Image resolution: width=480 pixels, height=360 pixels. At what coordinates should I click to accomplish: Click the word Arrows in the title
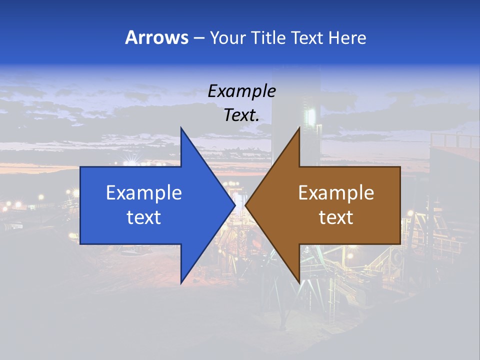[x=156, y=37]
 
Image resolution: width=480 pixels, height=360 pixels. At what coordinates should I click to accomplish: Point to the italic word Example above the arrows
[x=241, y=91]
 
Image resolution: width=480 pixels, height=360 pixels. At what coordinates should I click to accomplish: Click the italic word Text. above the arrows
[x=241, y=115]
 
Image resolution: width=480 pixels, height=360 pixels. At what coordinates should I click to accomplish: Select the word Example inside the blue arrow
[x=143, y=192]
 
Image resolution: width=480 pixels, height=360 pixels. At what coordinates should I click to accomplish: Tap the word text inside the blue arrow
[x=143, y=217]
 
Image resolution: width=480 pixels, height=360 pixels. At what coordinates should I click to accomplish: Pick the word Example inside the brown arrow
[x=336, y=192]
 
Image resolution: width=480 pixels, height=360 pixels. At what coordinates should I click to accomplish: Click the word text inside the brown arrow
[x=336, y=217]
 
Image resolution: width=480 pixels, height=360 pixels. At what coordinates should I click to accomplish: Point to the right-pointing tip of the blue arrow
[x=235, y=205]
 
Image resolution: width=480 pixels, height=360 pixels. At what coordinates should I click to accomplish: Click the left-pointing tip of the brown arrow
[x=245, y=205]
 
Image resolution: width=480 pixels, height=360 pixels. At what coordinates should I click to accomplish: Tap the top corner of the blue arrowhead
[x=181, y=127]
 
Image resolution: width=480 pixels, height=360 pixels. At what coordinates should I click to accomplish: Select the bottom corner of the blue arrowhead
[x=181, y=283]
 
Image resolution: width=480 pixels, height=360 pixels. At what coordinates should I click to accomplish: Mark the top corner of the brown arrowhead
[x=299, y=127]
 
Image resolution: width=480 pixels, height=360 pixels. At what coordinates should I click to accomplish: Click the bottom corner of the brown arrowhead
[x=299, y=283]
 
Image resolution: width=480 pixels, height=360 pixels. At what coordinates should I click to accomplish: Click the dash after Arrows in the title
[x=198, y=38]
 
